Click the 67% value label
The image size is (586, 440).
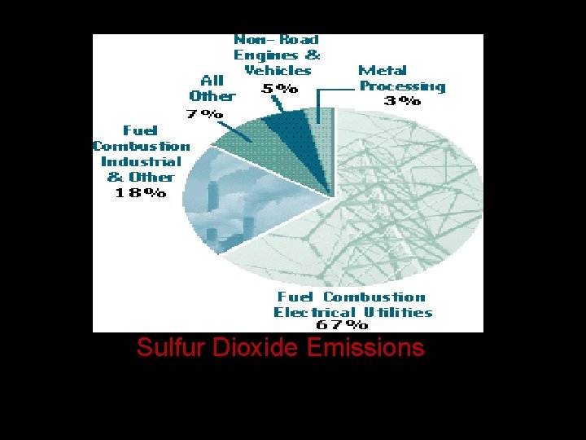(342, 324)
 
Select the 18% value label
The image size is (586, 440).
(141, 193)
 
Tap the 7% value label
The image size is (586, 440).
(205, 114)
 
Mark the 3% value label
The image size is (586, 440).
(402, 102)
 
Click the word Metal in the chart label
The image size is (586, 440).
(382, 71)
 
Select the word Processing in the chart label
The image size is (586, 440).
(402, 86)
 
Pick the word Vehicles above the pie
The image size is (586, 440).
(278, 71)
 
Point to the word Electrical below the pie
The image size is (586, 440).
(314, 312)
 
